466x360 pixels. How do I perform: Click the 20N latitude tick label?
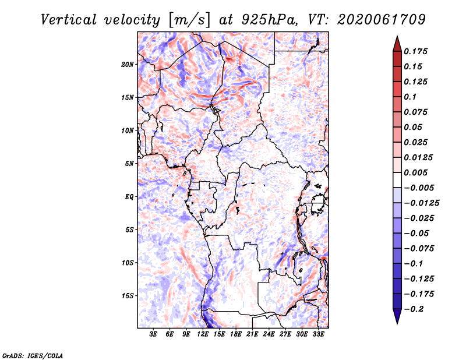click(128, 65)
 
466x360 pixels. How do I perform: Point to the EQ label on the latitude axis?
click(129, 197)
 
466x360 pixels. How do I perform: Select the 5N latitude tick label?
click(129, 164)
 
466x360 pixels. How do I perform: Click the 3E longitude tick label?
click(153, 334)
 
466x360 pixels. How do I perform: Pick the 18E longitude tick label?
click(236, 334)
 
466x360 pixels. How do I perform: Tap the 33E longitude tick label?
click(318, 334)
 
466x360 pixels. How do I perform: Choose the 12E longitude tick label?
click(203, 334)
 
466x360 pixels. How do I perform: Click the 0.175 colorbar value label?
click(416, 51)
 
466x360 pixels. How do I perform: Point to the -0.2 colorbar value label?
click(414, 309)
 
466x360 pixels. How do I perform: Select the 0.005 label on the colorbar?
click(416, 172)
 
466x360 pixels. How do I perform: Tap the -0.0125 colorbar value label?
click(422, 203)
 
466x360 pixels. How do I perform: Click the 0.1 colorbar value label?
click(410, 97)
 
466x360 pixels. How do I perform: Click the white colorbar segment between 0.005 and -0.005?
click(397, 180)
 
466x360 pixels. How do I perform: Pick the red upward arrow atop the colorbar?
click(397, 44)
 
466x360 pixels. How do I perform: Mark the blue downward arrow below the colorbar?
click(397, 316)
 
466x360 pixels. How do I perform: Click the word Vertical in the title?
click(69, 20)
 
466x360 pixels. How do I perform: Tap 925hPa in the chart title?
click(269, 20)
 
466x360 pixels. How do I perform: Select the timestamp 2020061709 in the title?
click(382, 20)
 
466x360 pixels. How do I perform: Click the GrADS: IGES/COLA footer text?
click(33, 355)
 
